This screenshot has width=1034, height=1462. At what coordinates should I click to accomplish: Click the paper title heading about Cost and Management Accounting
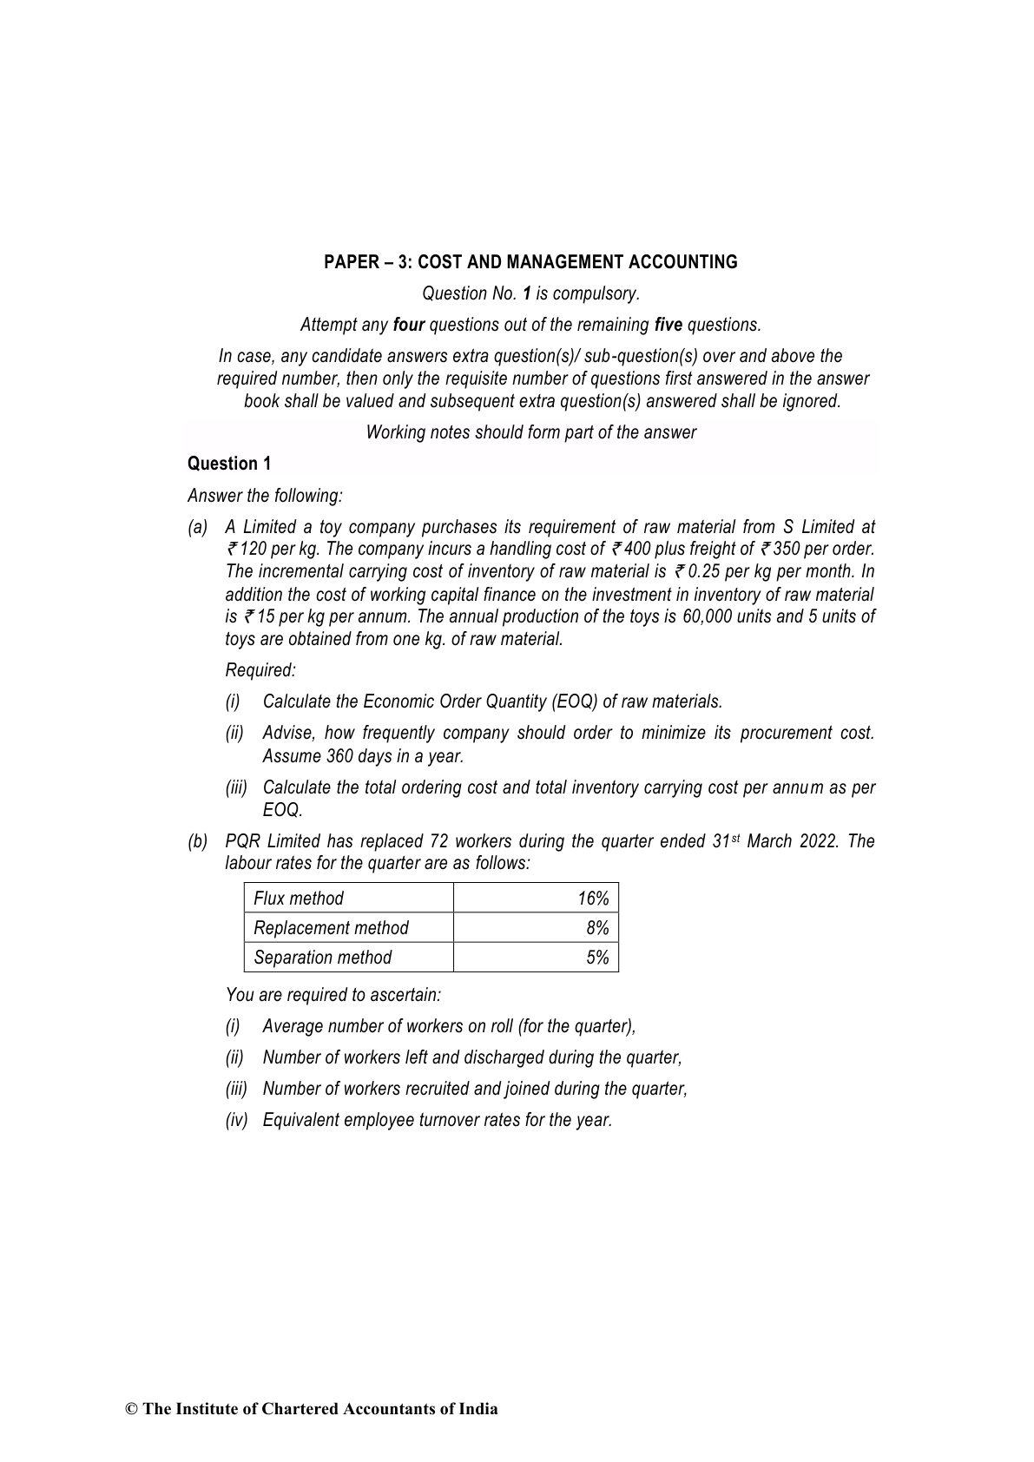[530, 262]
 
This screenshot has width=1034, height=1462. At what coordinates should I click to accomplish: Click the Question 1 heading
[229, 464]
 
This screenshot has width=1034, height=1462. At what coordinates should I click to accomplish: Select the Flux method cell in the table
[298, 899]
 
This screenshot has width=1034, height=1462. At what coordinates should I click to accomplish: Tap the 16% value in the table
[593, 899]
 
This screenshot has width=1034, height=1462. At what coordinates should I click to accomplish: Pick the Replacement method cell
[331, 928]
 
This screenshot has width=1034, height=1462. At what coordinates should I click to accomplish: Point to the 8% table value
[597, 928]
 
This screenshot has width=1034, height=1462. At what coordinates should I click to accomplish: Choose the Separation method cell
[322, 958]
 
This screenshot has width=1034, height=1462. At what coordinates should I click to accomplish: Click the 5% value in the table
[597, 958]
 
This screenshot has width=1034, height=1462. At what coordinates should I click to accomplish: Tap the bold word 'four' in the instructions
[408, 325]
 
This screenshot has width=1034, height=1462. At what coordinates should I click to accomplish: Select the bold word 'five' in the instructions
[668, 325]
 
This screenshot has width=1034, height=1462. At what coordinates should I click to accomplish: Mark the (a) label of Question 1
[198, 527]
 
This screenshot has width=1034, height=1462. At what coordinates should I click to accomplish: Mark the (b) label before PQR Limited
[198, 841]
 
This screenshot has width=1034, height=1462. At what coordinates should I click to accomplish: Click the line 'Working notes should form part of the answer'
[530, 432]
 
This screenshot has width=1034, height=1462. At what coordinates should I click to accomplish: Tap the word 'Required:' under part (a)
[260, 670]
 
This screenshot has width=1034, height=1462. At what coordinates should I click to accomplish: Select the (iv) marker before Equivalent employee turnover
[236, 1120]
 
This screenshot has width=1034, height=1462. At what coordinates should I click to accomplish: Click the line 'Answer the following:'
[265, 496]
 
